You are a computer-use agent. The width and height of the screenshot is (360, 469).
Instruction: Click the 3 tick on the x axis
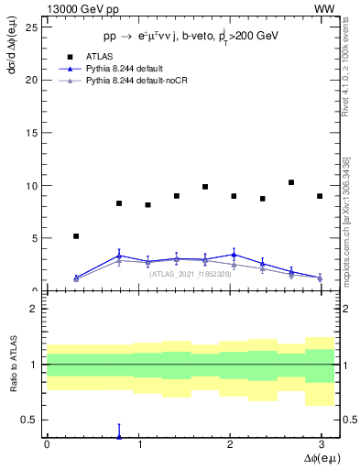[x=320, y=443]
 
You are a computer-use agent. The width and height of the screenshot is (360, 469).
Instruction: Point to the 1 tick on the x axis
[x=137, y=443]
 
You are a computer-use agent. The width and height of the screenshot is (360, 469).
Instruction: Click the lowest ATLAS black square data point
[x=76, y=236]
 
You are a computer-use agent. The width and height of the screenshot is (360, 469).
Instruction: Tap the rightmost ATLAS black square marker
[x=320, y=196]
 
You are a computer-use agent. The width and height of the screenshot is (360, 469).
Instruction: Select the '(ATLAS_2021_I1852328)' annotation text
[x=190, y=274]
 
